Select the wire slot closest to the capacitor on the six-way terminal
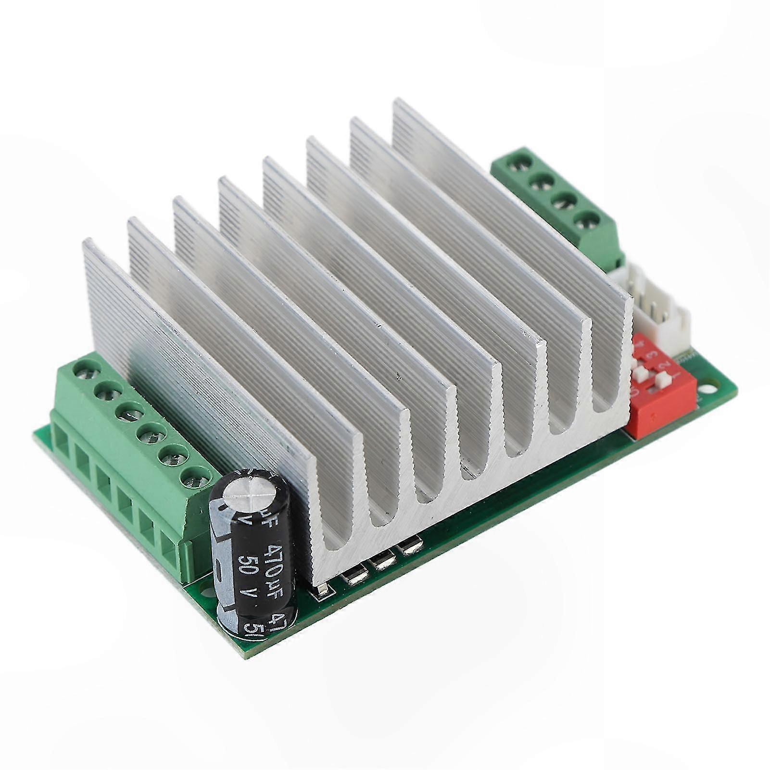(x=172, y=548)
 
